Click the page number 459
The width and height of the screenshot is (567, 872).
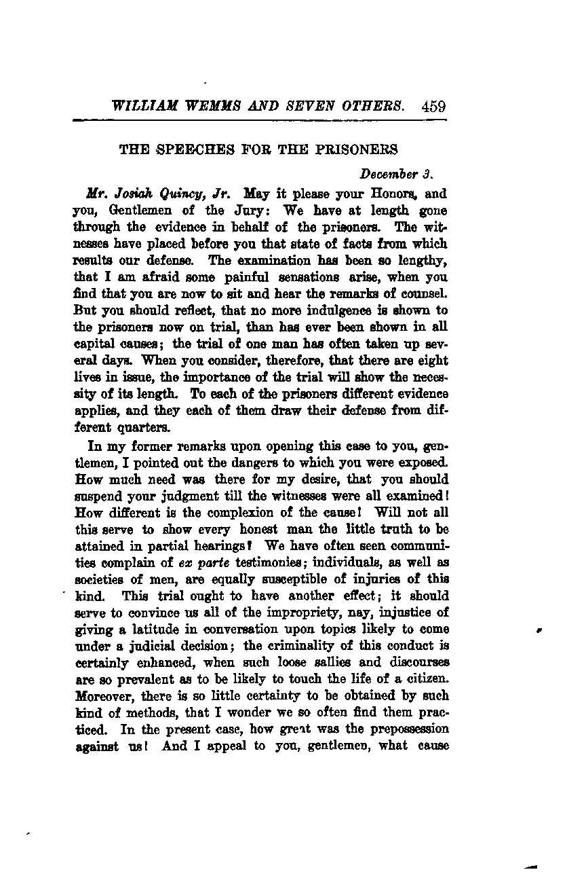(433, 106)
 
